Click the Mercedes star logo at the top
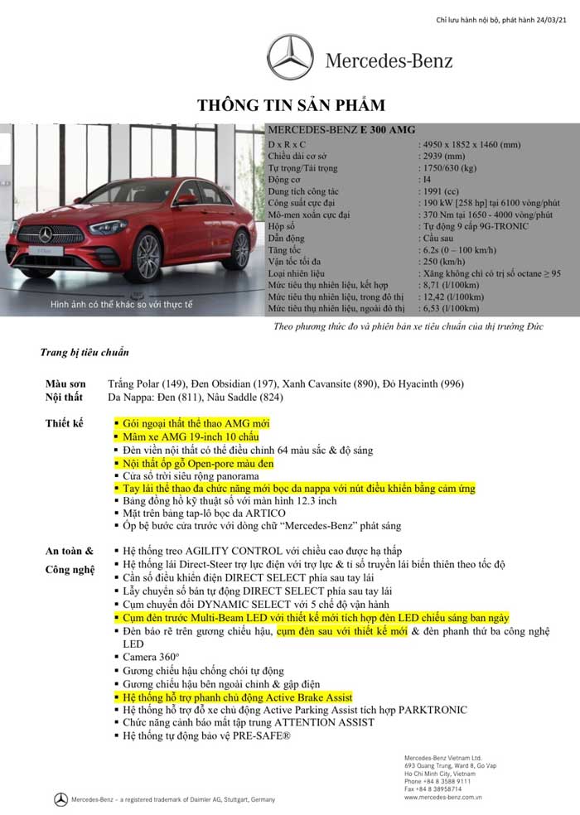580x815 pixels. [291, 57]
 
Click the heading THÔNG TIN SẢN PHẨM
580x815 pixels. [290, 105]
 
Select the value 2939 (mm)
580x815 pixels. [443, 156]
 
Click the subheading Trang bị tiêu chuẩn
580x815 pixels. [85, 352]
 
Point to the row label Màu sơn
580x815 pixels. [65, 383]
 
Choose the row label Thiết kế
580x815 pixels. [65, 423]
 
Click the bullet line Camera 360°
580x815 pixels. [150, 656]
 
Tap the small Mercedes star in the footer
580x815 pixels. [60, 799]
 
